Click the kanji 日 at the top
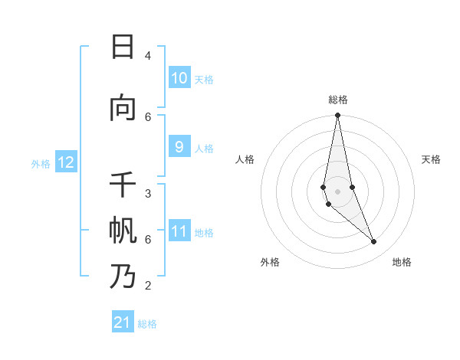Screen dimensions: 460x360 coord(123,47)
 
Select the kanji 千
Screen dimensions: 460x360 coord(123,185)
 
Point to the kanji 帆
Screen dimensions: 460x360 coord(123,231)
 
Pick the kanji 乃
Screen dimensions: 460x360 coord(123,277)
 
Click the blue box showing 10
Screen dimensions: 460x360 coord(179,78)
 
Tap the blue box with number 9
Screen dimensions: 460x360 coord(179,147)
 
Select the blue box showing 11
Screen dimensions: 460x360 coord(179,231)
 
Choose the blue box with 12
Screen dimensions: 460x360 coord(66,162)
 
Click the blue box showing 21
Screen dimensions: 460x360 coord(123,323)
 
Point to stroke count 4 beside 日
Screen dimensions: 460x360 coord(148,56)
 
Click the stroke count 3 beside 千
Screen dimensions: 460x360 coord(148,194)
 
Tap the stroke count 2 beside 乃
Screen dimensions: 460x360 coord(148,286)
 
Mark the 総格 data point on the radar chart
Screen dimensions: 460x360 coord(337,116)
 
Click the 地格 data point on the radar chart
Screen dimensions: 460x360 coord(374,242)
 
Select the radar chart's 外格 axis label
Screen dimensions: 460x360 coord(270,262)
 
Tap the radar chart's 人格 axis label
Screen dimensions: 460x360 coord(245,159)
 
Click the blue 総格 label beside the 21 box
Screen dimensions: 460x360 coord(147,324)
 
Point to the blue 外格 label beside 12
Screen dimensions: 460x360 coord(41,163)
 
